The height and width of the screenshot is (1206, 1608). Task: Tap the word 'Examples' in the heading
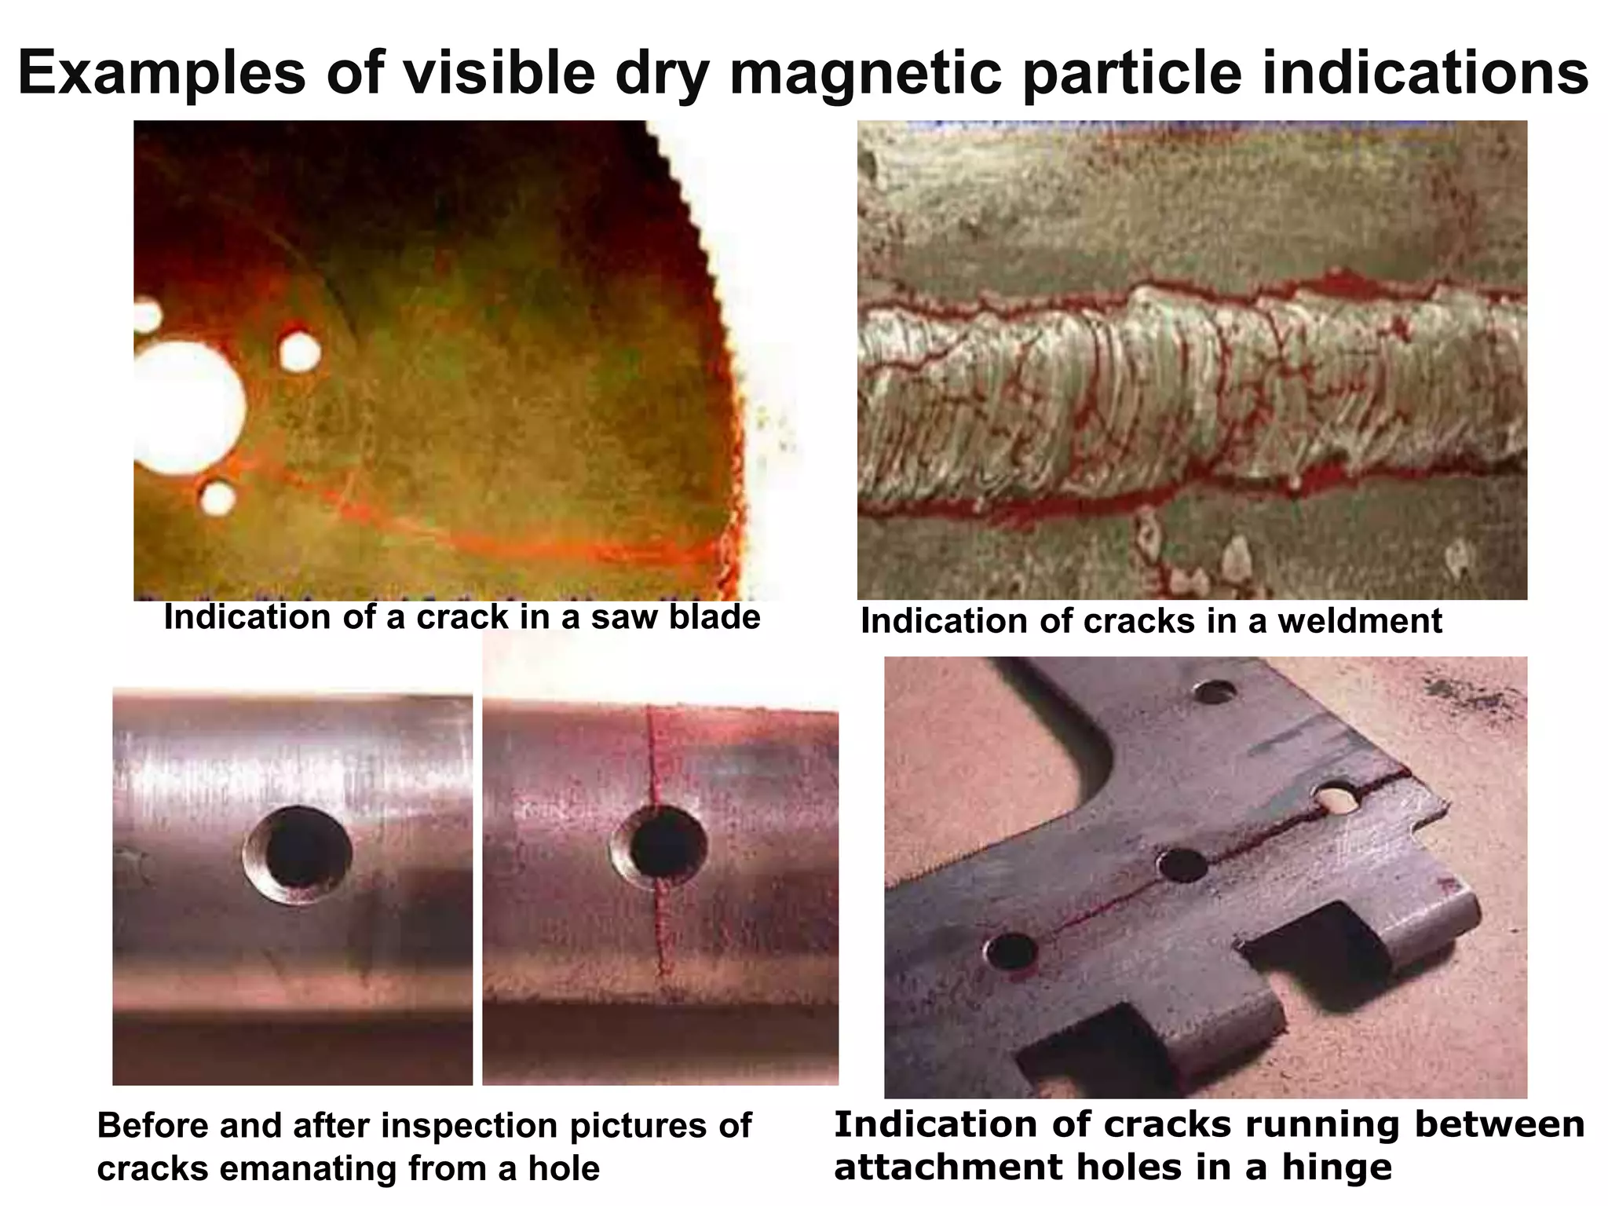(162, 72)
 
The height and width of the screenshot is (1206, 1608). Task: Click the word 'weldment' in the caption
(1360, 621)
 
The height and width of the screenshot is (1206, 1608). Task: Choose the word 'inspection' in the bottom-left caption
(470, 1126)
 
